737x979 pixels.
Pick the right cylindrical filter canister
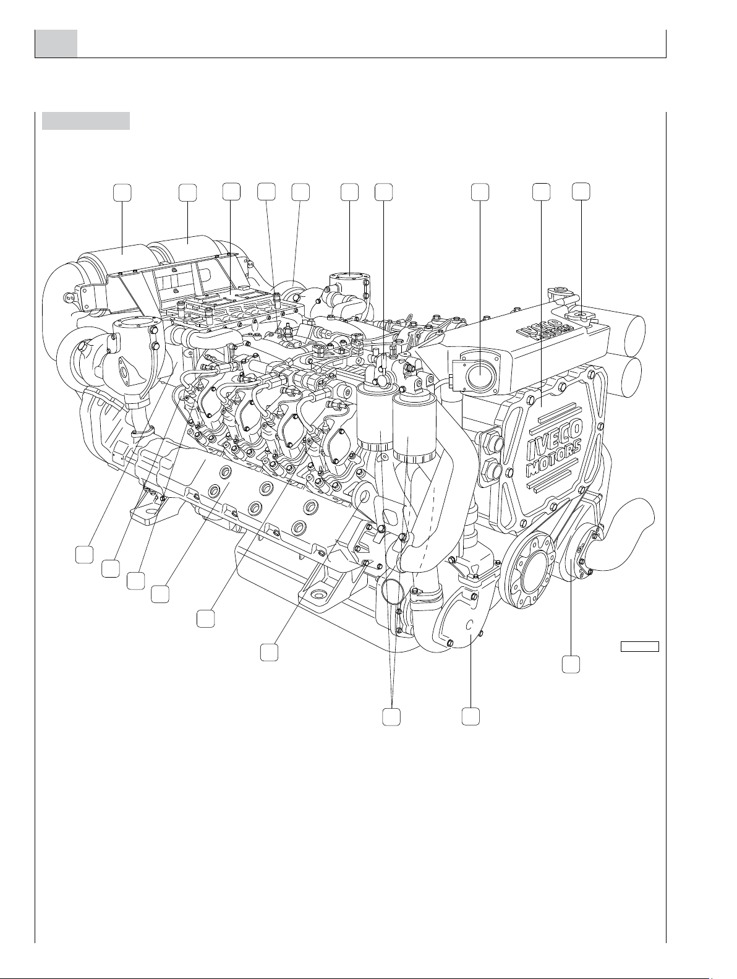(414, 427)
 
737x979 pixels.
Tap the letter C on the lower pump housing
(469, 625)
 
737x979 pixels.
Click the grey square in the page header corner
(56, 43)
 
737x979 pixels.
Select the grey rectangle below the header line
(85, 121)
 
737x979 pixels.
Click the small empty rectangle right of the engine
(640, 646)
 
